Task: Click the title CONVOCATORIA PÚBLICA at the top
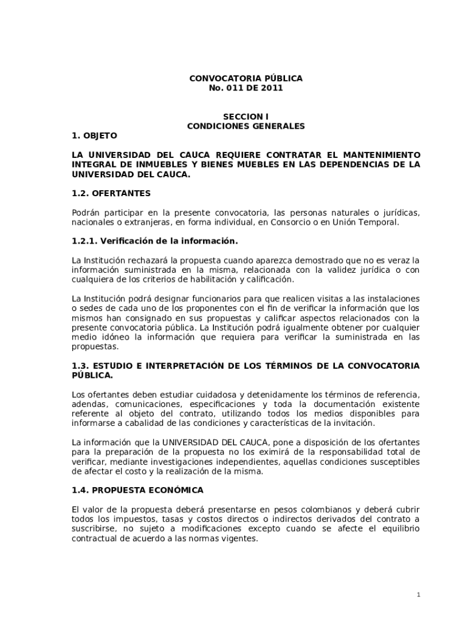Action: pos(246,79)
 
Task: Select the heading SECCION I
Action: pos(246,116)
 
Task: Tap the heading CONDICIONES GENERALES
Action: pos(246,126)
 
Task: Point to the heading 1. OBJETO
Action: pos(94,135)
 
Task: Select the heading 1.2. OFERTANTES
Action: pos(111,193)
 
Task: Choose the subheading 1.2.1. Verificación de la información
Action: pos(154,241)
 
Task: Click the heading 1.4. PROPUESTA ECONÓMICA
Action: pos(138,490)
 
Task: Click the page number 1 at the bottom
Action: pos(418,594)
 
